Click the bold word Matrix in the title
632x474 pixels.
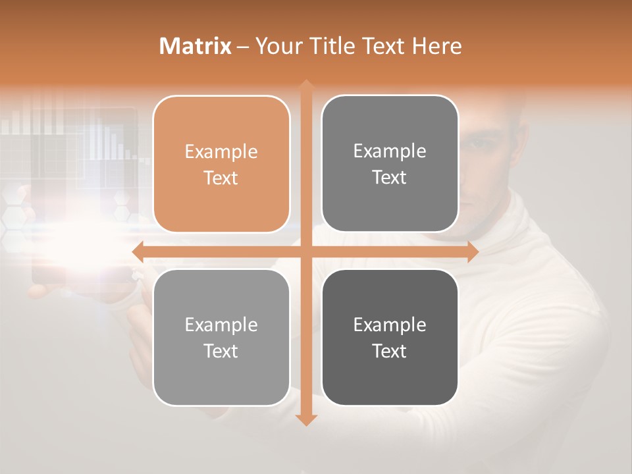point(196,46)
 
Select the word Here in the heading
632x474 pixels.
point(436,46)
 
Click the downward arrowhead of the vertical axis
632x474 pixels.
point(305,420)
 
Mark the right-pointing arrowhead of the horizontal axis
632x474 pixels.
point(472,251)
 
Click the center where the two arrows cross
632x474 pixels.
point(305,251)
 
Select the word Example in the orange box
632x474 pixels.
point(221,152)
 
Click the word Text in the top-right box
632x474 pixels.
point(390,178)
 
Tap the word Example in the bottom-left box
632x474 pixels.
point(221,325)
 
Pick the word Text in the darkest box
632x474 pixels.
point(390,351)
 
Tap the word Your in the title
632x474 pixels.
point(276,46)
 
